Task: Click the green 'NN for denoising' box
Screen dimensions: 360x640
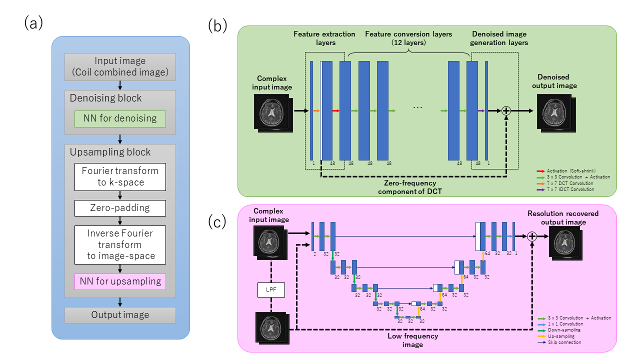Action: pos(120,118)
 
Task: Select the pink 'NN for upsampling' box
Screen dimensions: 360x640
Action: pos(120,281)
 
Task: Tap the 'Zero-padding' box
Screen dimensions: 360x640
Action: pos(120,208)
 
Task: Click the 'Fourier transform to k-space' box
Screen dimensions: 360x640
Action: pos(120,176)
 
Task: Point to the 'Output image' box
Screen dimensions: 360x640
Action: pos(120,315)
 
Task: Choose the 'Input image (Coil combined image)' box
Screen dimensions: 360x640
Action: pos(120,66)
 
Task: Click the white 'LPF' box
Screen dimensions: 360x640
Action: pos(271,289)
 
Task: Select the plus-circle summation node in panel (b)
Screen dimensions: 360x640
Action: pos(505,110)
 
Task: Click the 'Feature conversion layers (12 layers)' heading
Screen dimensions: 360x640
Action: pos(408,38)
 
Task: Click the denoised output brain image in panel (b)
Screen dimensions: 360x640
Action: pos(555,111)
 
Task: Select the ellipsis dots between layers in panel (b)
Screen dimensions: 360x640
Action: pos(419,107)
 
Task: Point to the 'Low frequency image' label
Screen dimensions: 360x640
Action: pos(413,340)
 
